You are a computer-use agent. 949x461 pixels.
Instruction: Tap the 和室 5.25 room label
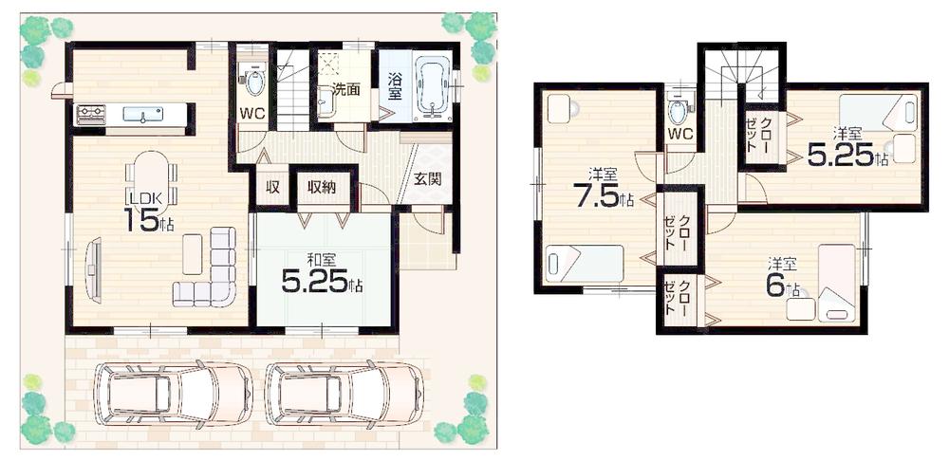tap(322, 273)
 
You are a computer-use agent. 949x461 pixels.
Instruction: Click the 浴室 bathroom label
tap(393, 87)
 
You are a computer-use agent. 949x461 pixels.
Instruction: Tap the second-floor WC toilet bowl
tap(679, 109)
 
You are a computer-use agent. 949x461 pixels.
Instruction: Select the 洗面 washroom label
tap(345, 90)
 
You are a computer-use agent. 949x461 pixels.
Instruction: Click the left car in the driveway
tap(172, 394)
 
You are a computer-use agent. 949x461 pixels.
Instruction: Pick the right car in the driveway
tap(344, 394)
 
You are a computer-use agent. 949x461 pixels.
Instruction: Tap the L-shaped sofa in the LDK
tap(214, 274)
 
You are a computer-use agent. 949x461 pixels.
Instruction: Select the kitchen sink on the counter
tap(144, 116)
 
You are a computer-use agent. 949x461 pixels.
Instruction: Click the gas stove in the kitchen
tap(91, 115)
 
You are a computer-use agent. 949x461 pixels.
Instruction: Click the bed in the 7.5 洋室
tap(583, 263)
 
